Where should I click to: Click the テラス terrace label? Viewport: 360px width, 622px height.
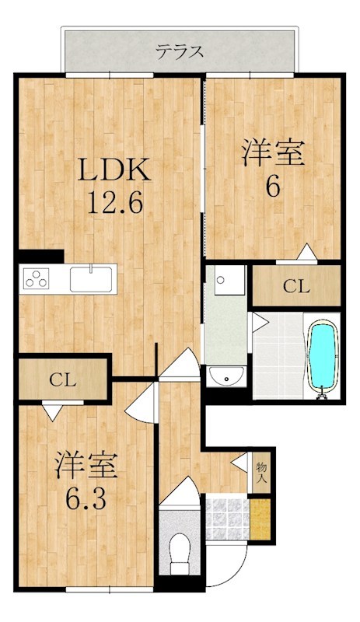coord(180,52)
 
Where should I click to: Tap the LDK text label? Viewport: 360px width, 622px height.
coord(114,170)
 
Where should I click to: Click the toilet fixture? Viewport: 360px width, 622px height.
coord(180,553)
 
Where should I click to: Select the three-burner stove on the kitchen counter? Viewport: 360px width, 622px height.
coord(37,278)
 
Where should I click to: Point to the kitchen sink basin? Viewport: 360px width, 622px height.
coord(91,279)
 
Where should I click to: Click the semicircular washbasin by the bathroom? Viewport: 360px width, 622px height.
coord(226,376)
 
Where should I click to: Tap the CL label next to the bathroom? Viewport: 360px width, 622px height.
coord(296,286)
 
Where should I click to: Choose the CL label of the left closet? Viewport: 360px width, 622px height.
coord(63,380)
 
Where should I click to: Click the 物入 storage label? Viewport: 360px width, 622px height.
coord(261,473)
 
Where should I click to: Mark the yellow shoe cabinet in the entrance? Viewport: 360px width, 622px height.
coord(260,519)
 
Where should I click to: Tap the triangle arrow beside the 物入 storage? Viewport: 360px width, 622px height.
coord(239,462)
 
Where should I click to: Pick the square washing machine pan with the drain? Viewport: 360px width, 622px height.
coord(229,280)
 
